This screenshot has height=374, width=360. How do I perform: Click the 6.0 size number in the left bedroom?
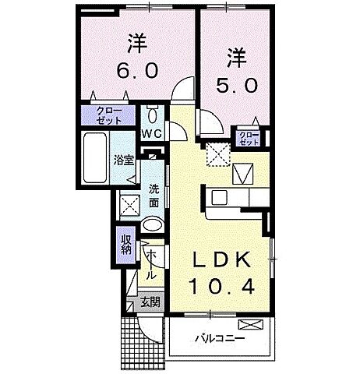pyautogui.click(x=138, y=69)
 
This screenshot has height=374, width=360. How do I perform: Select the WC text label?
pyautogui.click(x=151, y=133)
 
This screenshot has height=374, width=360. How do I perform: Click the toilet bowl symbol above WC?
pyautogui.click(x=152, y=116)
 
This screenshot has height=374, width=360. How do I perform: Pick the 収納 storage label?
pyautogui.click(x=125, y=246)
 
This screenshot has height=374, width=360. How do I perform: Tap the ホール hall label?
pyautogui.click(x=151, y=265)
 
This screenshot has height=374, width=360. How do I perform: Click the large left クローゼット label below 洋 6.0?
pyautogui.click(x=108, y=118)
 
